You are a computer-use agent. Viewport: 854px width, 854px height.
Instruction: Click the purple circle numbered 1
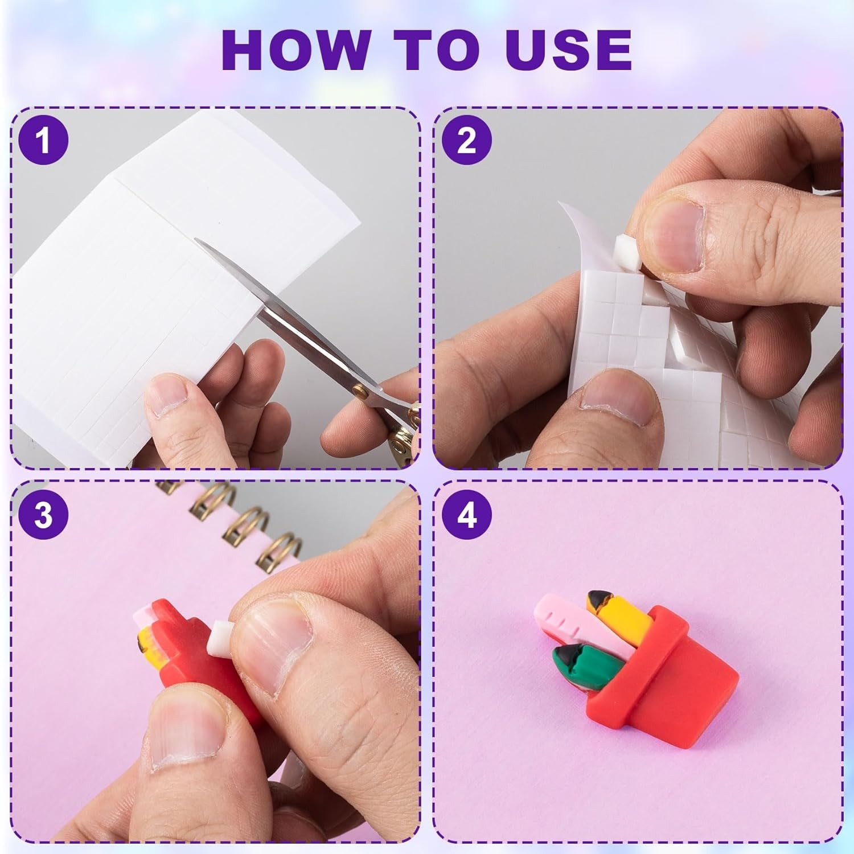43,140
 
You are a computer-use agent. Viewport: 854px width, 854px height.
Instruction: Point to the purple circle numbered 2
467,140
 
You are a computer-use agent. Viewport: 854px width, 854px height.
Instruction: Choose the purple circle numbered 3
43,515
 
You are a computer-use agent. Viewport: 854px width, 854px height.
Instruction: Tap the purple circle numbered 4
467,515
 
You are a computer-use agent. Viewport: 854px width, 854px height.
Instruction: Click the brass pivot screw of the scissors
360,392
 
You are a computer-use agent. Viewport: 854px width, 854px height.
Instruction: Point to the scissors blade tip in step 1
196,240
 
